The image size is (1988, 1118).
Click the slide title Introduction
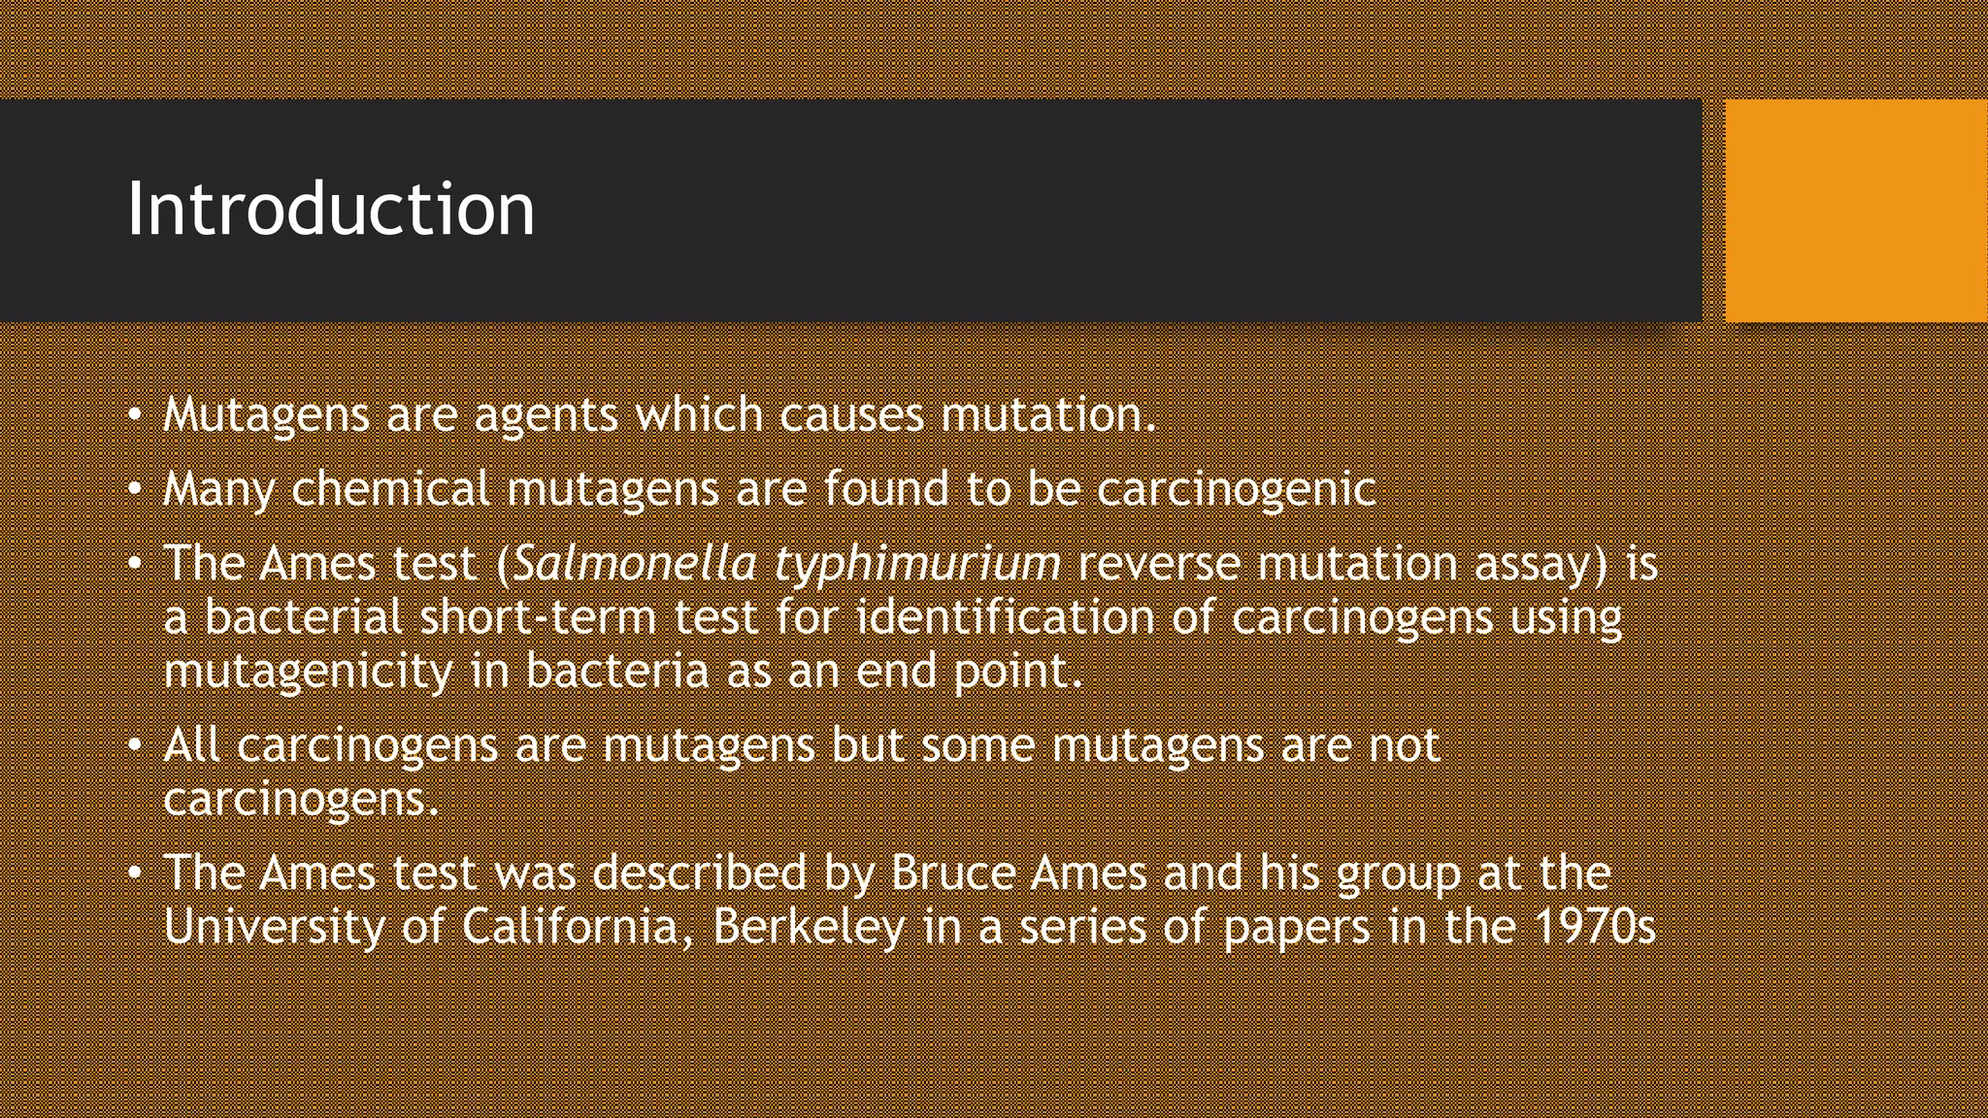click(331, 209)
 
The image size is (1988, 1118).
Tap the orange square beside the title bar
click(1856, 211)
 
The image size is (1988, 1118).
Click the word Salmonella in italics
click(635, 564)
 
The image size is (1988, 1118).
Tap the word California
click(576, 926)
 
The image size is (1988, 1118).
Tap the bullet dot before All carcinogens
click(136, 745)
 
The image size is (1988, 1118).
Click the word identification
click(1005, 617)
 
